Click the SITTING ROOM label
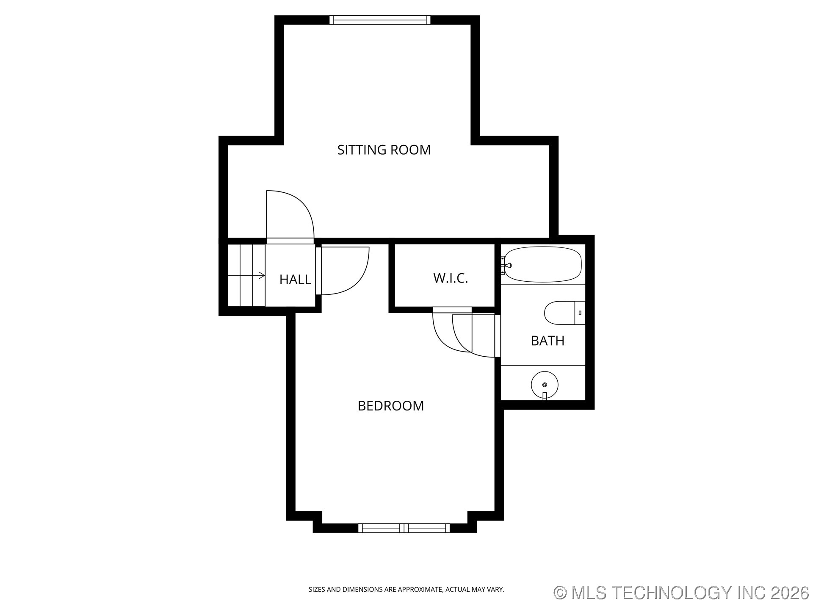[x=384, y=150]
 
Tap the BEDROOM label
[x=390, y=406]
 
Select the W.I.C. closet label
[x=451, y=278]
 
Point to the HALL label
[x=295, y=280]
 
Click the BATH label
[x=548, y=341]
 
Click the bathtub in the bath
[x=543, y=264]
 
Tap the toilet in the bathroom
[x=564, y=313]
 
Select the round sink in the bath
[x=545, y=385]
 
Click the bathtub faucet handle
[x=506, y=266]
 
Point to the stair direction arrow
[x=246, y=275]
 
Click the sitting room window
[x=380, y=20]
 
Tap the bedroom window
[x=404, y=528]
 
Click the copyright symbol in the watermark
[x=560, y=593]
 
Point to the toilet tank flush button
[x=580, y=313]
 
